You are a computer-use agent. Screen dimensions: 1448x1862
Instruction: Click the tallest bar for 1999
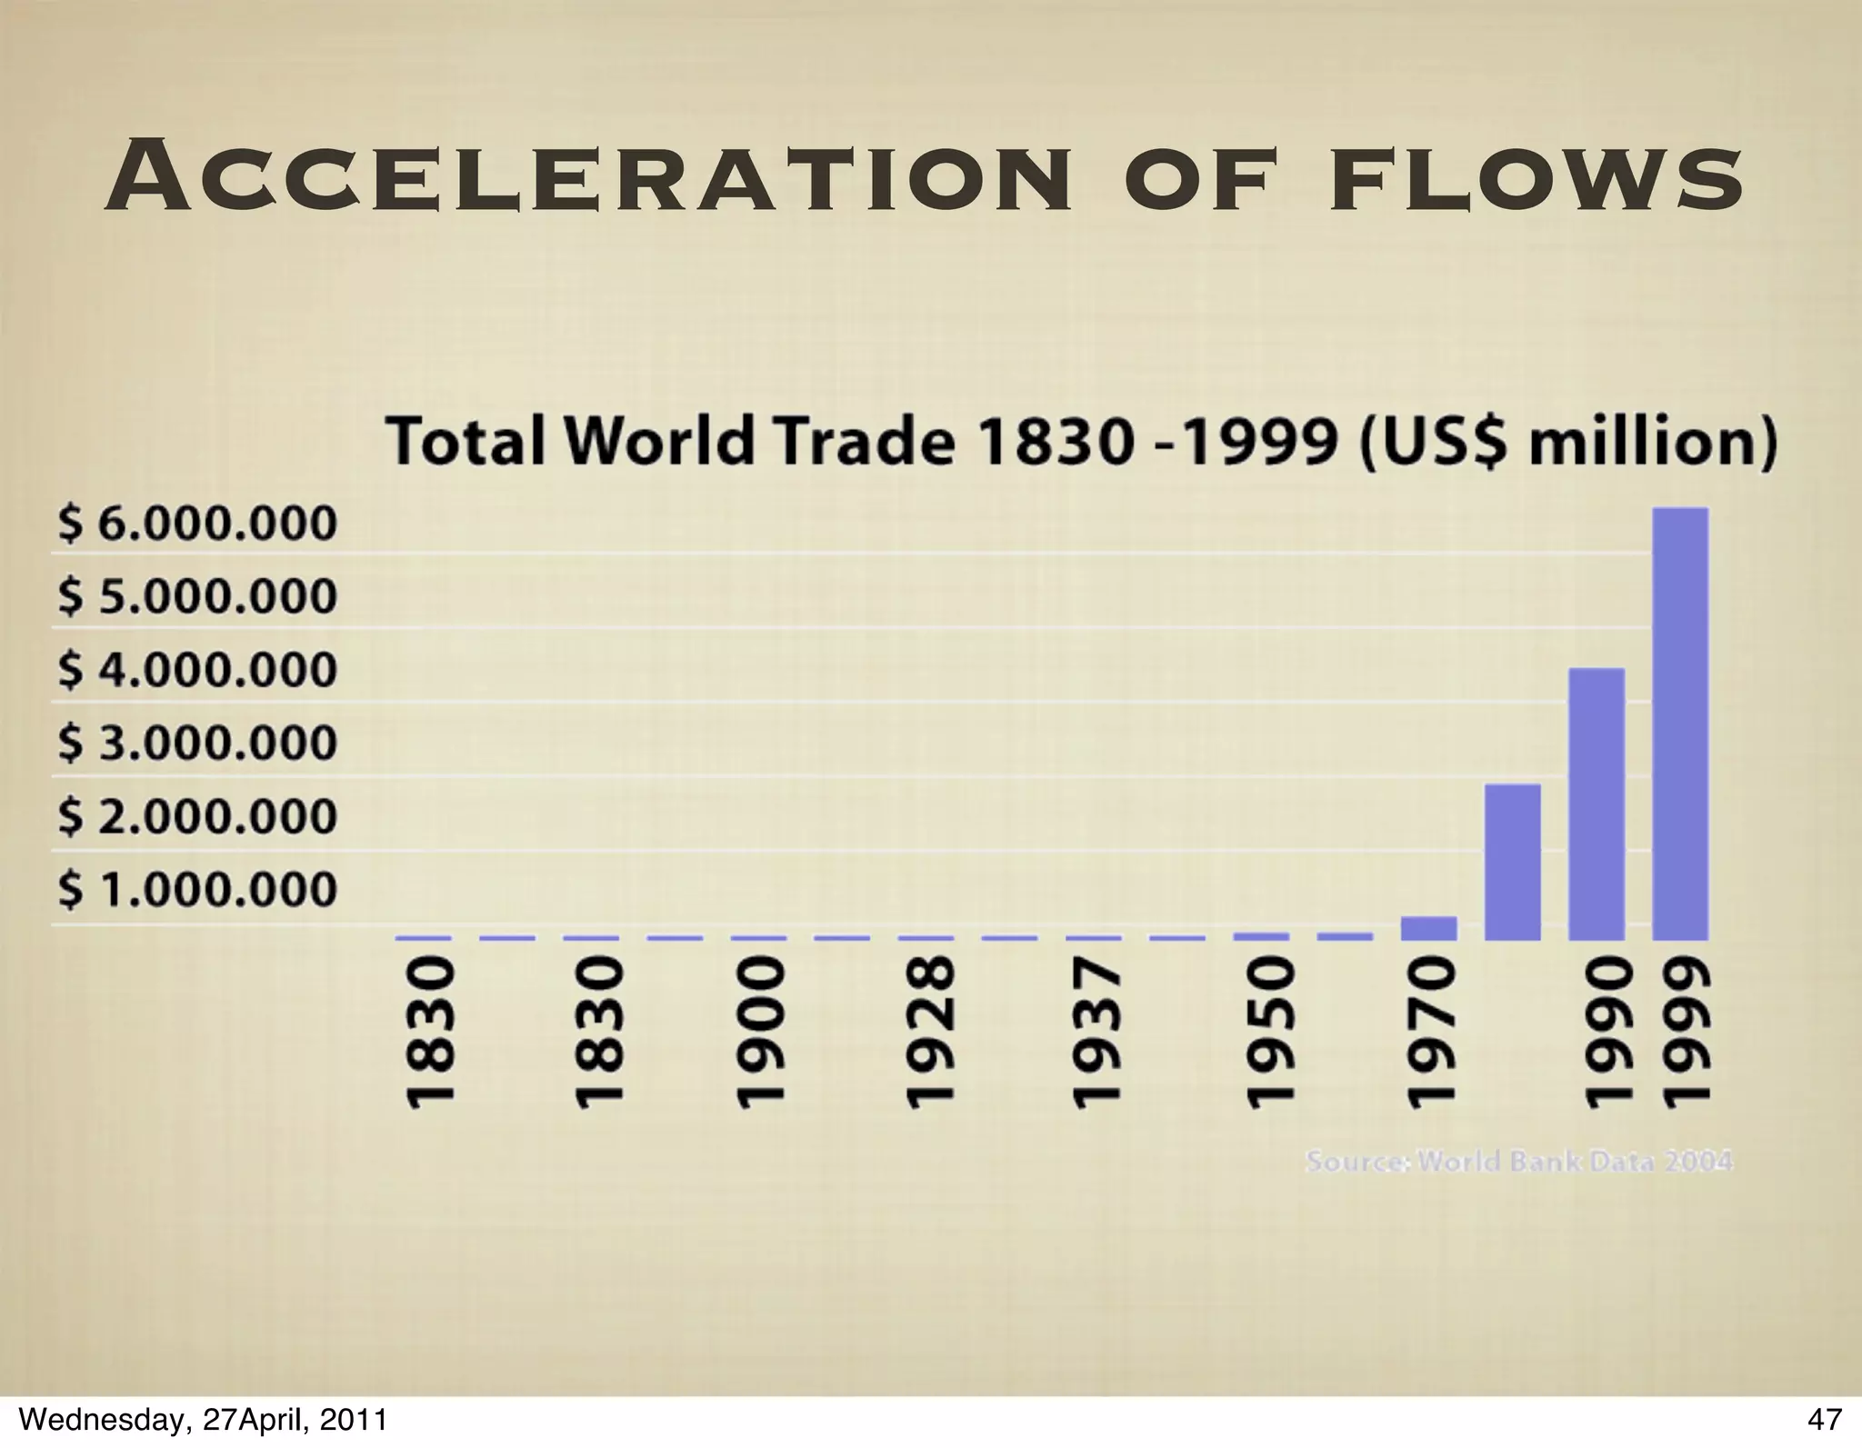[x=1680, y=723]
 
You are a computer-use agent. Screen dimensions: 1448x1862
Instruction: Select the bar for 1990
[x=1597, y=804]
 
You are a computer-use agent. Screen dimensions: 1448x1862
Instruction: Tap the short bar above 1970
[x=1428, y=928]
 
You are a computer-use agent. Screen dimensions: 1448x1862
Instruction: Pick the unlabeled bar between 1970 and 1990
[x=1513, y=861]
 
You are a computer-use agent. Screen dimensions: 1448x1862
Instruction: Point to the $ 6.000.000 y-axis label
[x=197, y=524]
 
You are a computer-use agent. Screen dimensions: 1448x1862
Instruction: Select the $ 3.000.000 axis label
[x=197, y=744]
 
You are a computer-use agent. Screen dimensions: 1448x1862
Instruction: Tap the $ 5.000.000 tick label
[x=197, y=597]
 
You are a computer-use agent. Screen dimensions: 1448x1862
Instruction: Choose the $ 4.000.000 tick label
[x=197, y=670]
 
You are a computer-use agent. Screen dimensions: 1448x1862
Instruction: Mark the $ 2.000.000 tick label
[x=197, y=816]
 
